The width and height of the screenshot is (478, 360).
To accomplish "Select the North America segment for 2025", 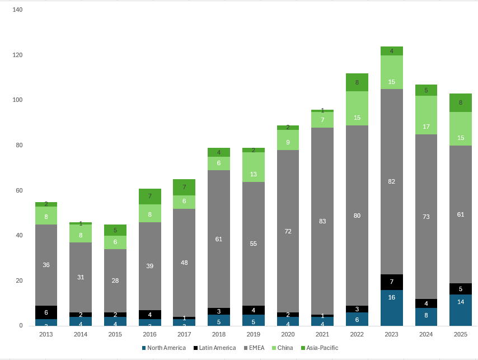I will pyautogui.click(x=460, y=310).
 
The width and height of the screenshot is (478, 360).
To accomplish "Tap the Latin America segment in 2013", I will pyautogui.click(x=46, y=312).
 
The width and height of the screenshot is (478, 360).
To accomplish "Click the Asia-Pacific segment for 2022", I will pyautogui.click(x=357, y=82).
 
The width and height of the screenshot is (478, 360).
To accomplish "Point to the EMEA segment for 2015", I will pyautogui.click(x=115, y=280).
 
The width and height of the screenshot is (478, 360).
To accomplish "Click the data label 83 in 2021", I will pyautogui.click(x=322, y=221).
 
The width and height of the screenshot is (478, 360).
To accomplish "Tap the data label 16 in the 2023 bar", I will pyautogui.click(x=391, y=297).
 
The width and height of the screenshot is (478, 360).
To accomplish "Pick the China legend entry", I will pyautogui.click(x=285, y=348).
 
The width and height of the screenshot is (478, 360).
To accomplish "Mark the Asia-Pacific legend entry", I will pyautogui.click(x=320, y=348).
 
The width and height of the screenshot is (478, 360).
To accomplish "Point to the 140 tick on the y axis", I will pyautogui.click(x=17, y=10).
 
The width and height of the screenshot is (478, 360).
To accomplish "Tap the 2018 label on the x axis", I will pyautogui.click(x=219, y=334).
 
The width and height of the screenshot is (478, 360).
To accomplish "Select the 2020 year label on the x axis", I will pyautogui.click(x=288, y=334).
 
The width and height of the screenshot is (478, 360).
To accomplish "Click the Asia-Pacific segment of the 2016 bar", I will pyautogui.click(x=150, y=197).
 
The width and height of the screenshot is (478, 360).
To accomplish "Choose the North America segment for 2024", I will pyautogui.click(x=426, y=316).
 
